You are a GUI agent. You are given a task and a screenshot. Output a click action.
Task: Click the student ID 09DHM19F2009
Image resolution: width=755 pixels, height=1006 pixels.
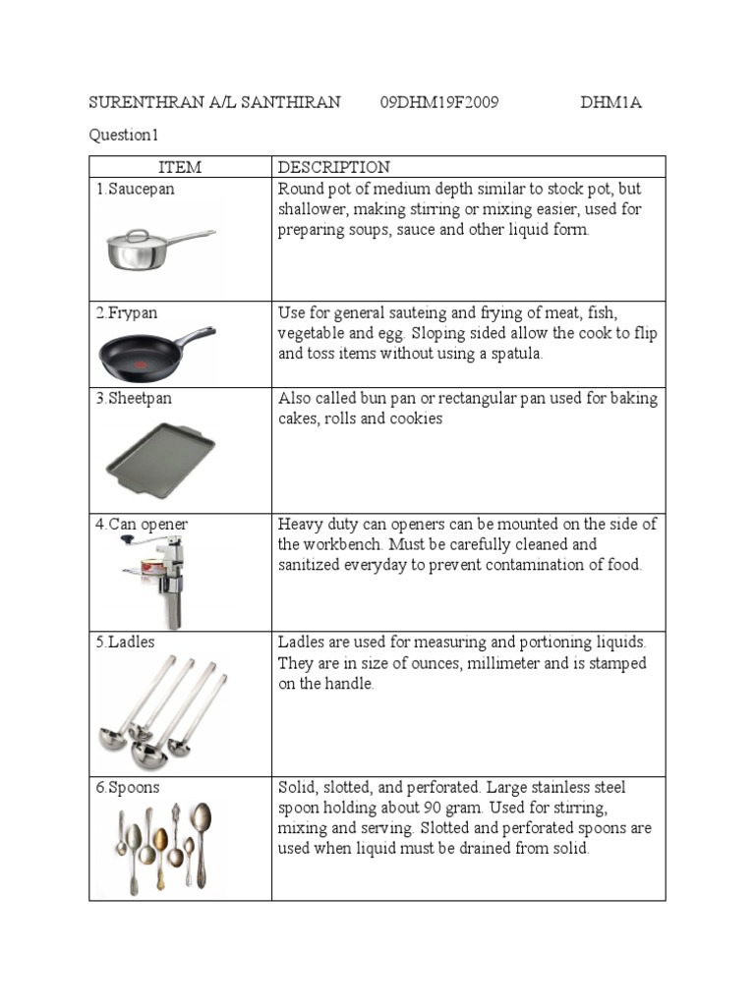click(x=438, y=103)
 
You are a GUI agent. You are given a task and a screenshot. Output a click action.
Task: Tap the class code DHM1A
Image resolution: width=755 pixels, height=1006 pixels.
click(x=610, y=103)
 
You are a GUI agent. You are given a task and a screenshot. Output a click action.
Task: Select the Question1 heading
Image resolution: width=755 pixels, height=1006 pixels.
click(x=124, y=136)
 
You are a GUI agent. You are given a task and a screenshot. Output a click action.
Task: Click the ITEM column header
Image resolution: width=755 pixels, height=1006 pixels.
click(x=180, y=168)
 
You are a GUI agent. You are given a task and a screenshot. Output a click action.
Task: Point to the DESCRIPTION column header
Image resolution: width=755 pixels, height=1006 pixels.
click(x=334, y=168)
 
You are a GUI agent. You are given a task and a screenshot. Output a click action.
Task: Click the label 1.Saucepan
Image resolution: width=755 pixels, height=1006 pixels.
click(x=136, y=189)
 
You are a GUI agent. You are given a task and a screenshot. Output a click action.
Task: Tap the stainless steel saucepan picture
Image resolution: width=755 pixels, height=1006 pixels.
click(x=159, y=248)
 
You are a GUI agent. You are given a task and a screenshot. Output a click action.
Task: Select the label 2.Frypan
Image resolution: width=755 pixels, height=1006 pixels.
click(x=127, y=313)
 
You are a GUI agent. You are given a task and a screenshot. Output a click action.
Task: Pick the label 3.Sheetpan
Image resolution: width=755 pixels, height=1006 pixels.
click(x=134, y=399)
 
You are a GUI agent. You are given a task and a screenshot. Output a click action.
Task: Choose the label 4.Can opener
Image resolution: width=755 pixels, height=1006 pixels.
click(x=142, y=525)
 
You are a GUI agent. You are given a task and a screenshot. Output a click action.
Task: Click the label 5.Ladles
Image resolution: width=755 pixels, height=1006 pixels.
click(x=125, y=643)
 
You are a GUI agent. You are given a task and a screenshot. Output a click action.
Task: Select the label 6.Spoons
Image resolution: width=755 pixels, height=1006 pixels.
click(x=128, y=788)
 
